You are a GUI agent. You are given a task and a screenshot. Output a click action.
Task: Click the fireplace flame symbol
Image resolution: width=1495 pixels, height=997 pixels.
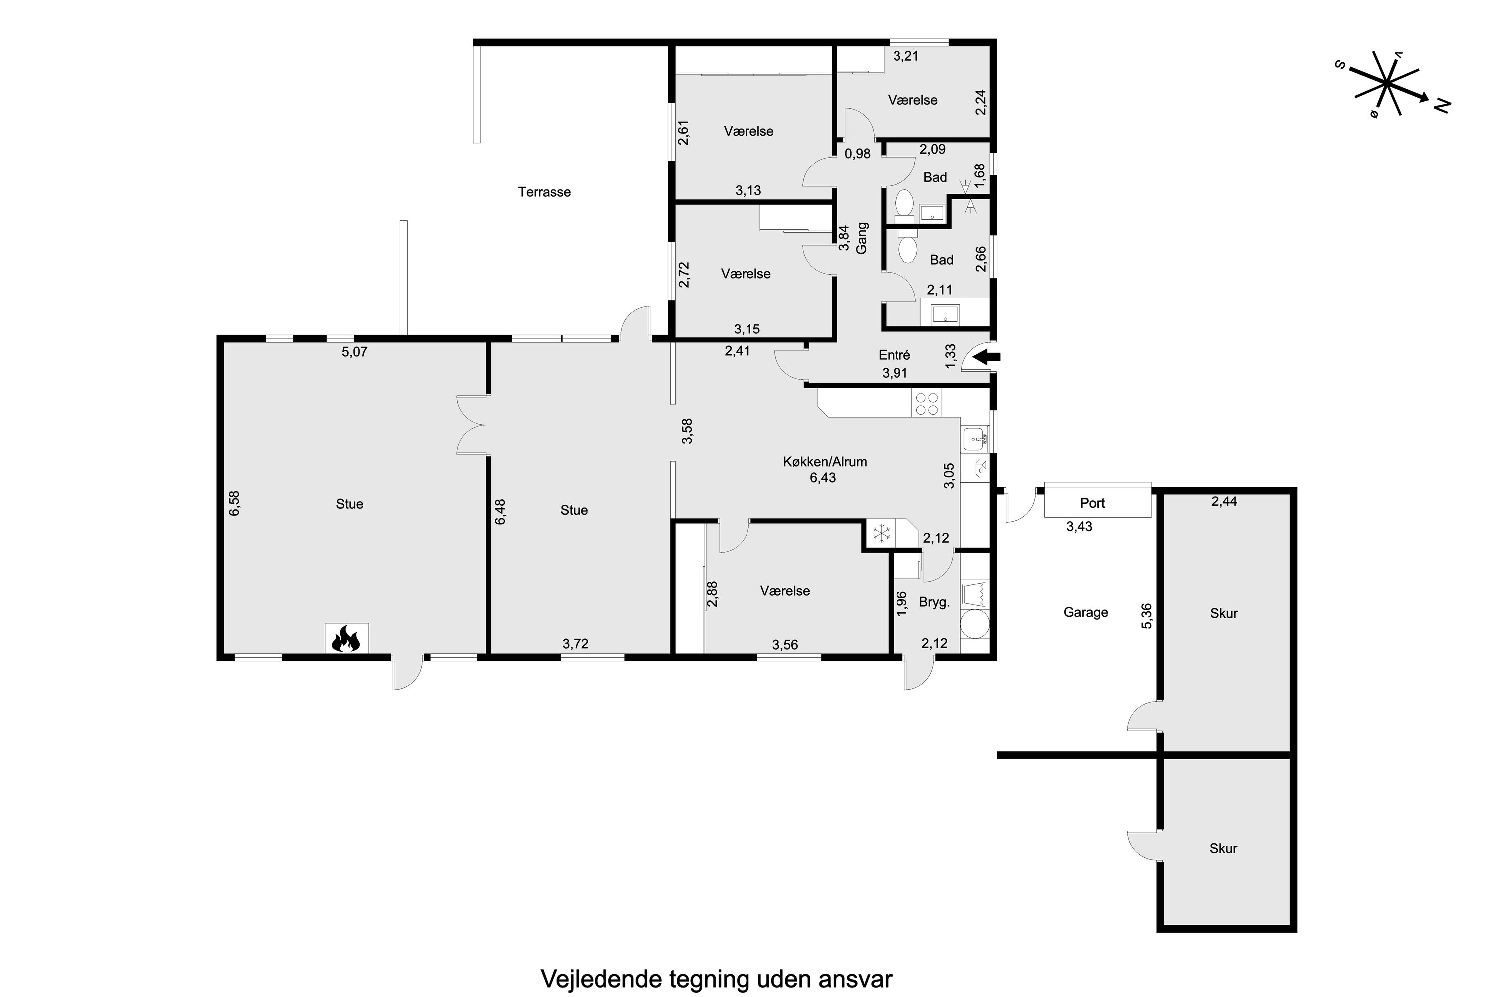coord(347,639)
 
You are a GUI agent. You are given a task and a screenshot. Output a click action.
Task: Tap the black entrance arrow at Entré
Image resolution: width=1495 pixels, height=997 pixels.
coord(987,357)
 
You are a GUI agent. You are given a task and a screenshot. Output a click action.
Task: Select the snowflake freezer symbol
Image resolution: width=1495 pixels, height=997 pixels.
coord(882,533)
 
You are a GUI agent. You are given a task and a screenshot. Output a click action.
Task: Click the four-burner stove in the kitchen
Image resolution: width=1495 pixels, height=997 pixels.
coord(926,404)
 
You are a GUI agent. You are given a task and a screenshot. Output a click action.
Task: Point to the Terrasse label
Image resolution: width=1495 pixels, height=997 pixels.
coord(544,192)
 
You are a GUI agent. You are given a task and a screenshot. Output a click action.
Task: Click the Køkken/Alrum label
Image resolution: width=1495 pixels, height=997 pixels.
coord(824,462)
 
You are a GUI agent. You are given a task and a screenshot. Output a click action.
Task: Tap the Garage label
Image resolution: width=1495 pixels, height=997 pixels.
coord(1086,612)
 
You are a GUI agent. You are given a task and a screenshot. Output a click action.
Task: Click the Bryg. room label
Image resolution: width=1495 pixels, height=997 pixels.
coord(934,602)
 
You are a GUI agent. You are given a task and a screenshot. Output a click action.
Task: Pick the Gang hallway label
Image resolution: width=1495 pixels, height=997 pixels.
coord(861,238)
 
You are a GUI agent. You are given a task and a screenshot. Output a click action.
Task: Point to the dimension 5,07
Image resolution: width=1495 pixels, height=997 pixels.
coord(355,351)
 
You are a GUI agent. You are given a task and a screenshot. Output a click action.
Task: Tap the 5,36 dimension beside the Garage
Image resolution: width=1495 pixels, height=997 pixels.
coord(1146,616)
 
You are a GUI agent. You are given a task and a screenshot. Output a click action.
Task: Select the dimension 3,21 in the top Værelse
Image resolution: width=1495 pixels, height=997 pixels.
coord(906,56)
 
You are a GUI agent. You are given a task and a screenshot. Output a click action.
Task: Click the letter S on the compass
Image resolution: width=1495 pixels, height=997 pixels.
coord(1340,65)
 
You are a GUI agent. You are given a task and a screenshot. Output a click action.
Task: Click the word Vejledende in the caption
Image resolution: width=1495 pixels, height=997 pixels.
coord(600,979)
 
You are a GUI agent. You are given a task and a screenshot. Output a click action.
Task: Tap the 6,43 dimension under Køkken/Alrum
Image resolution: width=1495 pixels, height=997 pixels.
coord(823,478)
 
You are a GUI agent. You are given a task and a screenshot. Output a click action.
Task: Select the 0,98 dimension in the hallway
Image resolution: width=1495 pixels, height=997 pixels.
coord(858,153)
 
